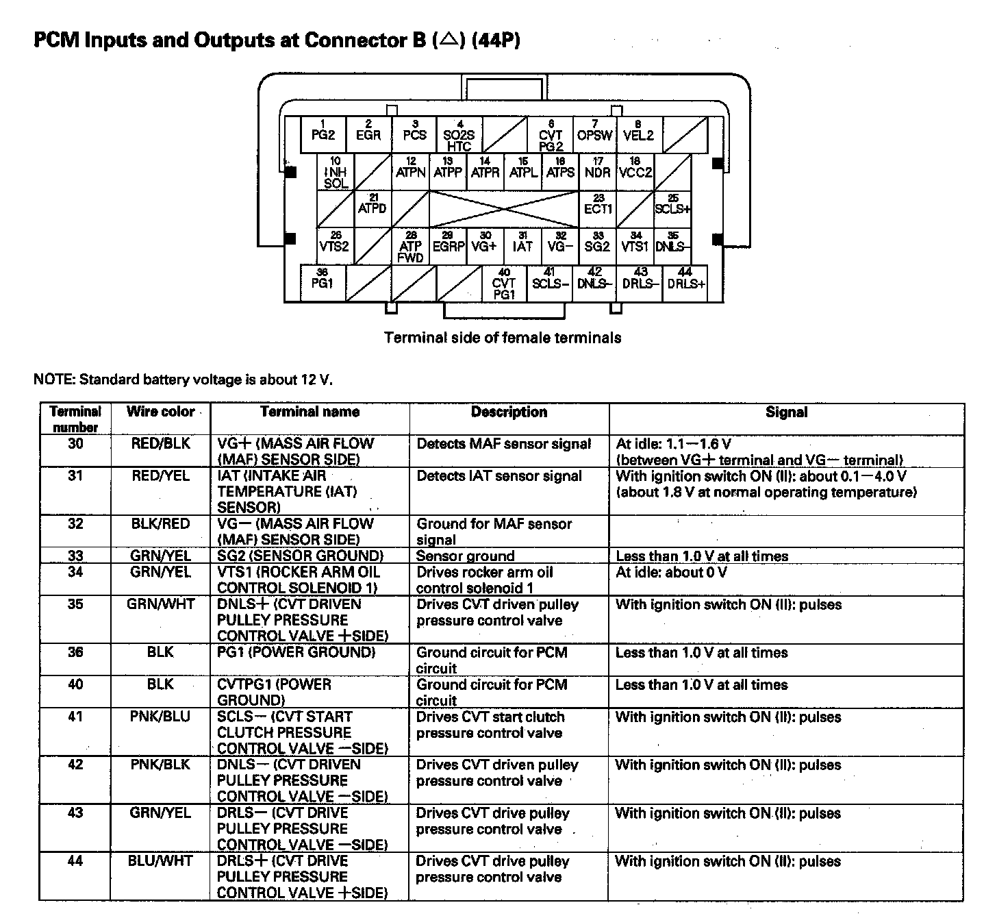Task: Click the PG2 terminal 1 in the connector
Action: pyautogui.click(x=323, y=134)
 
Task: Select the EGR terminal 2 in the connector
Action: pyautogui.click(x=368, y=134)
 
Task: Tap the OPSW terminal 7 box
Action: pyautogui.click(x=594, y=134)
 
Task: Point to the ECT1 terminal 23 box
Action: pyautogui.click(x=598, y=208)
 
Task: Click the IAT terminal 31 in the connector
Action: pyautogui.click(x=522, y=245)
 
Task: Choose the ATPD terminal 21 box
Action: pyautogui.click(x=373, y=207)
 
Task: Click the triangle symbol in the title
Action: pyautogui.click(x=449, y=40)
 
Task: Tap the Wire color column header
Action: pyautogui.click(x=161, y=412)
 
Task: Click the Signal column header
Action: pyautogui.click(x=786, y=412)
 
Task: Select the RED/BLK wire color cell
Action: pyautogui.click(x=161, y=444)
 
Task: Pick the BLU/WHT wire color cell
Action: pyautogui.click(x=161, y=861)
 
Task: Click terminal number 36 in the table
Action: pyautogui.click(x=75, y=652)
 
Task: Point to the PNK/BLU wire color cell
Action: pyautogui.click(x=161, y=717)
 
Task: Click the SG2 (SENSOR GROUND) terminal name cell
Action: pyautogui.click(x=300, y=556)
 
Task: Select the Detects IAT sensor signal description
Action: pyautogui.click(x=499, y=476)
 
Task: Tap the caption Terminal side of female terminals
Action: pyautogui.click(x=503, y=338)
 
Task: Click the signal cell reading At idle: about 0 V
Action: pyautogui.click(x=671, y=572)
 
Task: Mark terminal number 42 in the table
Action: pyautogui.click(x=75, y=765)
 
